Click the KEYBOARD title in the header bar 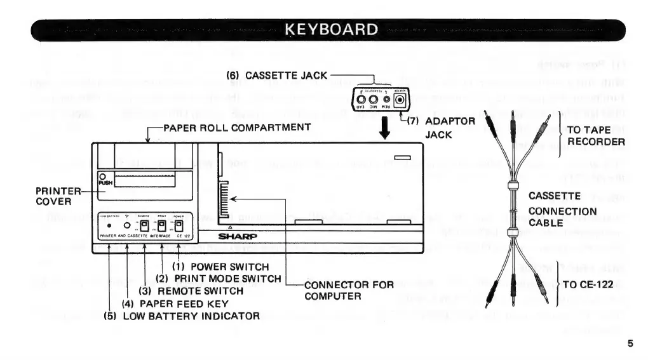pyautogui.click(x=332, y=29)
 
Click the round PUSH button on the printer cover pyautogui.click(x=102, y=177)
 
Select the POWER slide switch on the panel pyautogui.click(x=180, y=225)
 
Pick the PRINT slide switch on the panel pyautogui.click(x=162, y=225)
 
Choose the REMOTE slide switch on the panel pyautogui.click(x=144, y=225)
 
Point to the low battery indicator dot pyautogui.click(x=110, y=225)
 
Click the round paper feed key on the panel pyautogui.click(x=127, y=225)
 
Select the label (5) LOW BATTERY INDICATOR pyautogui.click(x=182, y=316)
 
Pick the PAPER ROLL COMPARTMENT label pyautogui.click(x=236, y=127)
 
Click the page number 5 pyautogui.click(x=630, y=343)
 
